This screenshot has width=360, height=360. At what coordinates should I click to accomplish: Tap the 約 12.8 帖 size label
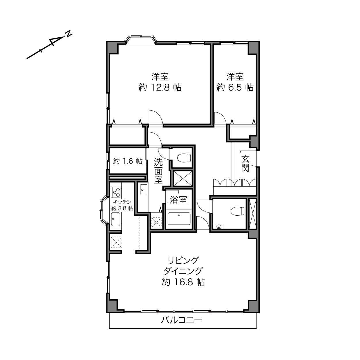160,87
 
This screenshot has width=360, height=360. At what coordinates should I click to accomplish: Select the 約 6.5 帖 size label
235,87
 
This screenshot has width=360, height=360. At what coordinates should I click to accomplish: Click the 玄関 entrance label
245,164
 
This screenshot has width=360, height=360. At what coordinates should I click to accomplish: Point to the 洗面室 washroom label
158,171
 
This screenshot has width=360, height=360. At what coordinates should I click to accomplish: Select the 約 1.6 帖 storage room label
128,161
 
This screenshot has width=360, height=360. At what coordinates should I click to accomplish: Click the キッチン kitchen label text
122,202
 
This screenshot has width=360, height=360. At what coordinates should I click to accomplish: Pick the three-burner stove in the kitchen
116,192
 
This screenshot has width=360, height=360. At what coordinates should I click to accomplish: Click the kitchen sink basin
116,219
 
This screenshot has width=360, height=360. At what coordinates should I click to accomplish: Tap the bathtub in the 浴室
179,219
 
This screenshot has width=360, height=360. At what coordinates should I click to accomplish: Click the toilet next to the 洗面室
184,158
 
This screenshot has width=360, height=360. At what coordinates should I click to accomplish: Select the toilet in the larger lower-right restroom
238,211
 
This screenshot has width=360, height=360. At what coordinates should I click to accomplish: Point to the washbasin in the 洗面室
144,189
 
